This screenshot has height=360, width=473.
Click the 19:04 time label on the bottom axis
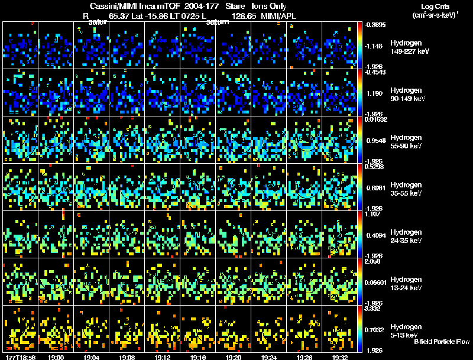[x=91, y=357]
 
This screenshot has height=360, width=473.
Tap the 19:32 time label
[x=339, y=357]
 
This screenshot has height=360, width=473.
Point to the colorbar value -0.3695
[x=376, y=25]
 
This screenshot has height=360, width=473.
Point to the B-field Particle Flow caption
[x=441, y=342]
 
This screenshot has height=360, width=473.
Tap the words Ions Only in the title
[x=270, y=6]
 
